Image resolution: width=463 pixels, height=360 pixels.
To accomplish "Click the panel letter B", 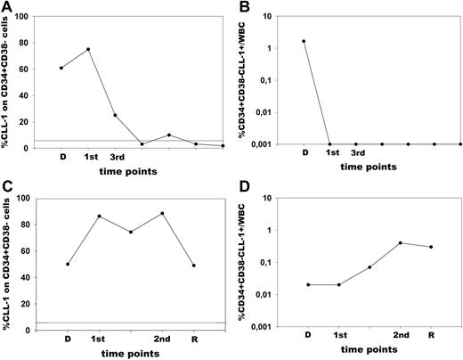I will (x=247, y=7).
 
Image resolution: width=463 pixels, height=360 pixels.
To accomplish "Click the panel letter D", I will (x=247, y=189).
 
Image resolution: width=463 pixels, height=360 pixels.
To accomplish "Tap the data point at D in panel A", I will (x=61, y=68).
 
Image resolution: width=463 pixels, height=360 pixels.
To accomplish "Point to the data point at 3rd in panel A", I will (x=115, y=115).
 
